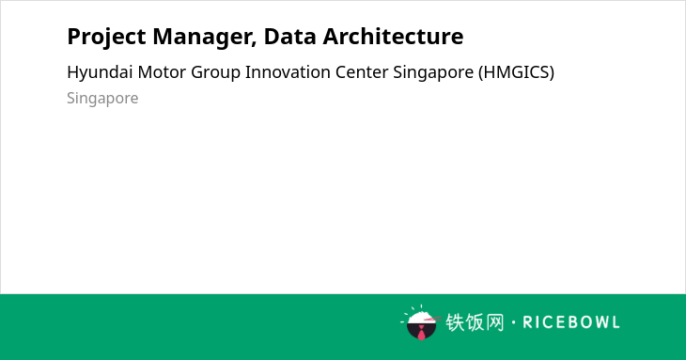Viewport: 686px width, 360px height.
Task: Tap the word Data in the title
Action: (x=289, y=37)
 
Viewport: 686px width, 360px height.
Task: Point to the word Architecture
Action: (x=393, y=37)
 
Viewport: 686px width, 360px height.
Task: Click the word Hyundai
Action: (x=100, y=72)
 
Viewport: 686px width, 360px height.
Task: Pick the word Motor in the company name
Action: (x=162, y=72)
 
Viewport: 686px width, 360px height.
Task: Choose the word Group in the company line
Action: (x=215, y=73)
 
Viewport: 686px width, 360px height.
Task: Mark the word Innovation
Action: (x=288, y=72)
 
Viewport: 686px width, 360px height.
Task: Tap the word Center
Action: (x=362, y=72)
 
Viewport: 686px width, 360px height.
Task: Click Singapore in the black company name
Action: (x=433, y=73)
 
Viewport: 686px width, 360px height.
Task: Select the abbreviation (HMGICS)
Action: (x=516, y=72)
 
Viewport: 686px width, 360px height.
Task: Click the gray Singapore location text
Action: (x=102, y=99)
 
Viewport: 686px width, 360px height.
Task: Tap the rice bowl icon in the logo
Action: (x=421, y=322)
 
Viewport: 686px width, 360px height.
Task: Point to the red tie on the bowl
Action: (x=421, y=334)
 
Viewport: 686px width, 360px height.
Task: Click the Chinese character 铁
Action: (x=455, y=322)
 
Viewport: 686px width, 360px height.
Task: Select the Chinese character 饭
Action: (x=475, y=322)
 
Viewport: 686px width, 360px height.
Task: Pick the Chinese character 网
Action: (x=494, y=322)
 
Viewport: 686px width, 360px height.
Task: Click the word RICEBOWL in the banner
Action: (x=571, y=322)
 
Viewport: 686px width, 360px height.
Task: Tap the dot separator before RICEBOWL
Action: (x=513, y=322)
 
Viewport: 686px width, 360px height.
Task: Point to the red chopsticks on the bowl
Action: (x=432, y=319)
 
